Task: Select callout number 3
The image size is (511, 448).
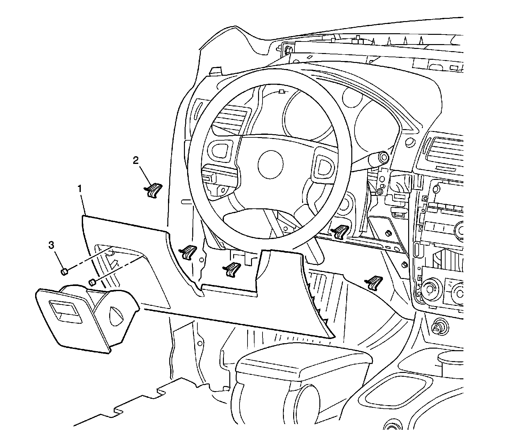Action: tap(51, 245)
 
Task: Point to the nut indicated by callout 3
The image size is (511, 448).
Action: tap(64, 272)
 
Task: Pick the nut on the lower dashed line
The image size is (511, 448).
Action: tap(91, 282)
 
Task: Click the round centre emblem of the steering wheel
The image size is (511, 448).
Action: tap(271, 163)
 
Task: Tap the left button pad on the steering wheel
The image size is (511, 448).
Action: tap(218, 149)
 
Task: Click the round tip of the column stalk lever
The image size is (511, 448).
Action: tap(383, 157)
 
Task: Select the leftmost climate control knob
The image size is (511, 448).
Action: tap(430, 289)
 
